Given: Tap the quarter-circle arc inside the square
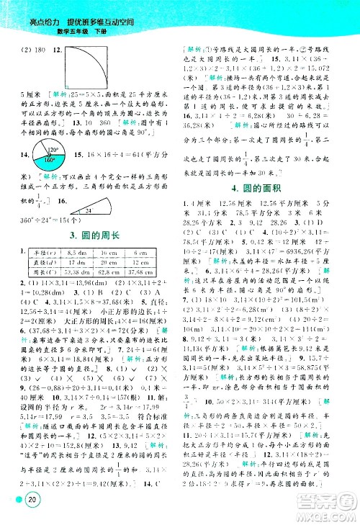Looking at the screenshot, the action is (90, 60).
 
